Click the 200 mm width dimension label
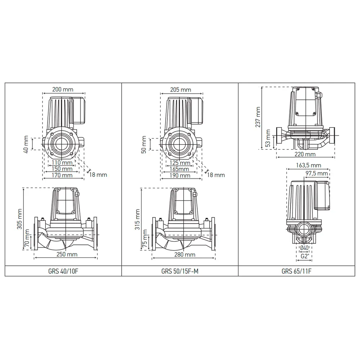63,89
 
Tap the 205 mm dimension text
180,90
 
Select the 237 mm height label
258,117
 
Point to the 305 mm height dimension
19,219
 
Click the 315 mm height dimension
137,219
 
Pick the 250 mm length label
67,255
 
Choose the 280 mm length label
185,255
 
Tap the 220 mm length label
305,154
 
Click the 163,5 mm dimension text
309,165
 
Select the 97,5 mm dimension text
316,174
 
